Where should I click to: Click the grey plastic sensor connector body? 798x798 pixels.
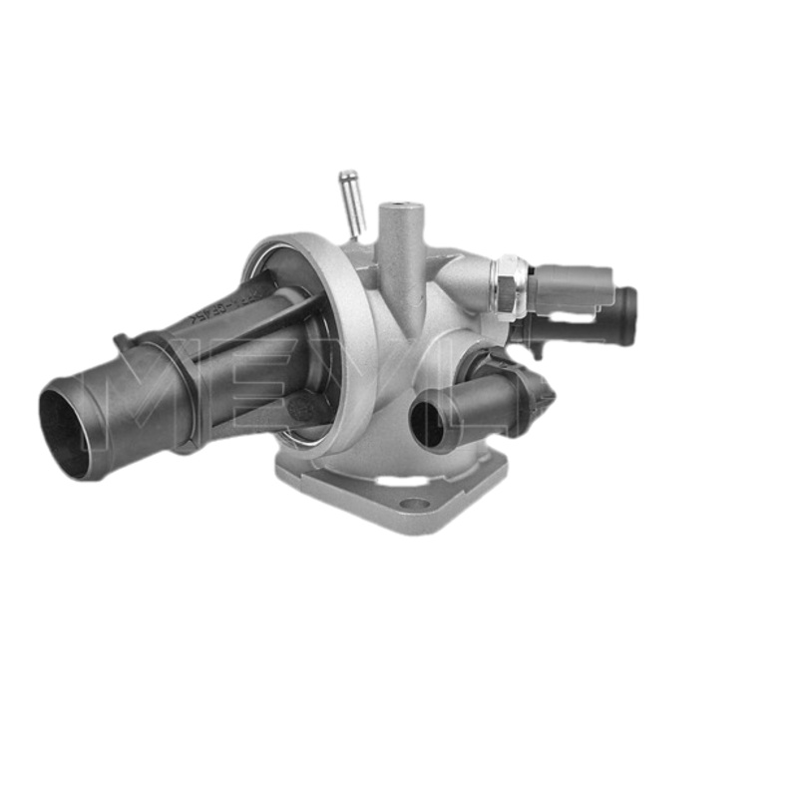(x=569, y=288)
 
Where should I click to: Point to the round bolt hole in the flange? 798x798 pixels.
(x=413, y=504)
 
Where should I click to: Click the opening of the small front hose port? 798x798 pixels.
(x=427, y=422)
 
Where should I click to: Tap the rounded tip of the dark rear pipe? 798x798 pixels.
(x=627, y=316)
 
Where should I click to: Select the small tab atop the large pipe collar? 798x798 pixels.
(x=123, y=342)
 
